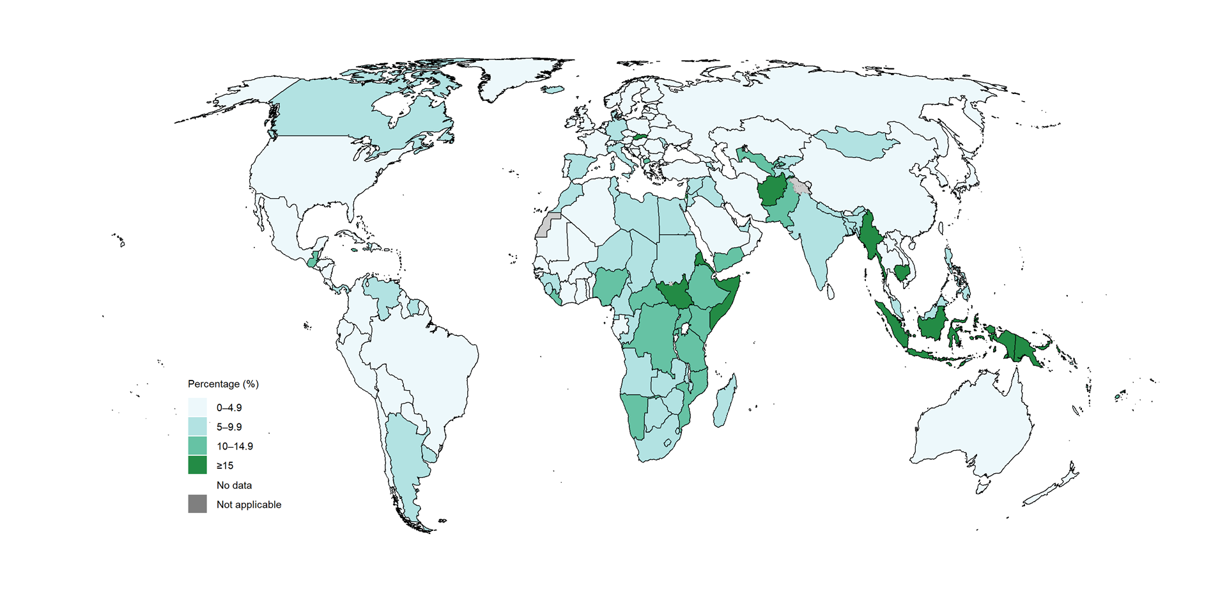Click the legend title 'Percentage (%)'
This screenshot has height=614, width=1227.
pyautogui.click(x=223, y=384)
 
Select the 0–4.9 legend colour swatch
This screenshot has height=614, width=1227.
pyautogui.click(x=197, y=407)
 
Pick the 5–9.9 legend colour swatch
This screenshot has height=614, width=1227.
pyautogui.click(x=197, y=427)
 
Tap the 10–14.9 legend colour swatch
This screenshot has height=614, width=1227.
pyautogui.click(x=197, y=446)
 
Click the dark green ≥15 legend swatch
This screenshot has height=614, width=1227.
pyautogui.click(x=197, y=465)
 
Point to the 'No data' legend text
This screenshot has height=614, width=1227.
pyautogui.click(x=234, y=485)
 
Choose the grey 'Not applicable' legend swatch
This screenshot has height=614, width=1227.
pyautogui.click(x=197, y=504)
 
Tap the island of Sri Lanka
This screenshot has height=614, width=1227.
pyautogui.click(x=831, y=292)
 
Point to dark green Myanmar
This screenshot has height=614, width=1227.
pyautogui.click(x=870, y=237)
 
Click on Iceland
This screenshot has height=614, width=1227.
pyautogui.click(x=553, y=90)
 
